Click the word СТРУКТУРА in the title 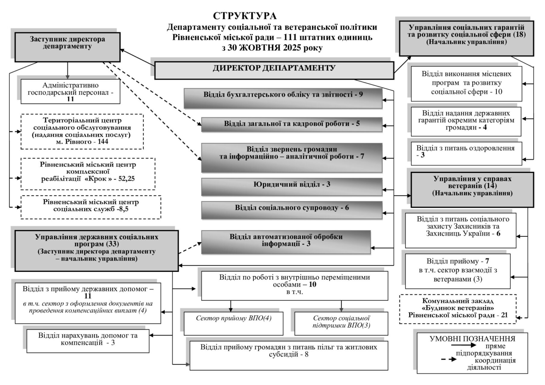tap(244, 16)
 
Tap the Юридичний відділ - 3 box tap(291, 186)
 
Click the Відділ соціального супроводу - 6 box tap(291, 210)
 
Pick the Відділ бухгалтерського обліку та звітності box tap(283, 98)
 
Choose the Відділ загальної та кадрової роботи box tap(291, 124)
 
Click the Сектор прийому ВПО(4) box tap(233, 323)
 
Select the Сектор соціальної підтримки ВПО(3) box tap(341, 323)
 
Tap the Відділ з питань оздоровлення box tap(466, 153)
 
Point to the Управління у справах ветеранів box tap(472, 189)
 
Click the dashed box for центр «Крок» tap(88, 174)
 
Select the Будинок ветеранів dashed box tap(458, 309)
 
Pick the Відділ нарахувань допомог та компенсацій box tap(88, 341)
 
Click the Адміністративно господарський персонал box tap(70, 91)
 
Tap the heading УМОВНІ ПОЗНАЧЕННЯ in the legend tap(472, 339)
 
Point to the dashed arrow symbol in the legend tap(449, 359)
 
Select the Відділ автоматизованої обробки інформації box tap(286, 242)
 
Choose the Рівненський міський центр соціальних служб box tap(91, 207)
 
